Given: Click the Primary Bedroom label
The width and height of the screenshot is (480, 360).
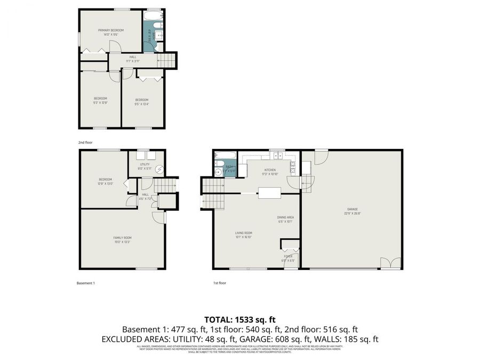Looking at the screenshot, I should [x=111, y=30].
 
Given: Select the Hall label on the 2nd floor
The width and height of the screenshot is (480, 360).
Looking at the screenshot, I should [x=132, y=58].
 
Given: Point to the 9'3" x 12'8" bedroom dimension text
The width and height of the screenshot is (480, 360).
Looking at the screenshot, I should [x=101, y=102].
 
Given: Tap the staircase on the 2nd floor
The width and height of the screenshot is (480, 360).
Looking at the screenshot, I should [x=167, y=60].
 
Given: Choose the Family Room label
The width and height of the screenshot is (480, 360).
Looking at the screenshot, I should [x=122, y=237].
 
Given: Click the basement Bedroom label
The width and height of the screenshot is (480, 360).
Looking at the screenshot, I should [x=105, y=179].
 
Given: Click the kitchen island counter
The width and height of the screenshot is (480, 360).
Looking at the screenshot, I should [x=270, y=193].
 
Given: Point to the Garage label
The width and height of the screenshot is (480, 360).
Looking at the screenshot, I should [x=352, y=209].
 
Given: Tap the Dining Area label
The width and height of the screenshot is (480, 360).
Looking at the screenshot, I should [x=285, y=217].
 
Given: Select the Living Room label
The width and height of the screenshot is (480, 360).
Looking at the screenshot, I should [x=244, y=233].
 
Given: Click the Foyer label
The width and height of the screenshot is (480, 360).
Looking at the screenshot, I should [x=289, y=257].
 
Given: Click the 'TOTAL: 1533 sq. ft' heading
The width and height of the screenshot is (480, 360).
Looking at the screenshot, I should [x=240, y=320].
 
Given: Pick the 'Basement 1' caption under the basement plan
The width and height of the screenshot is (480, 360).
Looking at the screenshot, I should [x=86, y=283].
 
